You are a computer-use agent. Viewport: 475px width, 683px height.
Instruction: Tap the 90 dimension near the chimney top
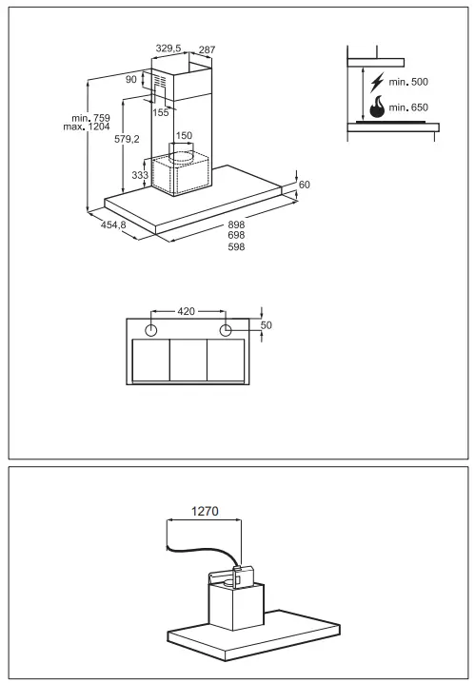tap(131, 79)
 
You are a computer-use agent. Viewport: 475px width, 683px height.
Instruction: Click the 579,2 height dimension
tap(128, 138)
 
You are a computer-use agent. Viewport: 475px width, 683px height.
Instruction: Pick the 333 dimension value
tap(138, 176)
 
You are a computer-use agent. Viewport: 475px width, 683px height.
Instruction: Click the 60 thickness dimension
tap(305, 184)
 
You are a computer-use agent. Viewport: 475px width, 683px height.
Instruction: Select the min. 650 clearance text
tap(411, 108)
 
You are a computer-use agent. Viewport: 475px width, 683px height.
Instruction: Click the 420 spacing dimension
tap(188, 311)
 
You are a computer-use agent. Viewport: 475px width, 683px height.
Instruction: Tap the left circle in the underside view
tap(151, 330)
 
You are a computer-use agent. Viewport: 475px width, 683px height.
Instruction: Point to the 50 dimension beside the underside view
tap(267, 325)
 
